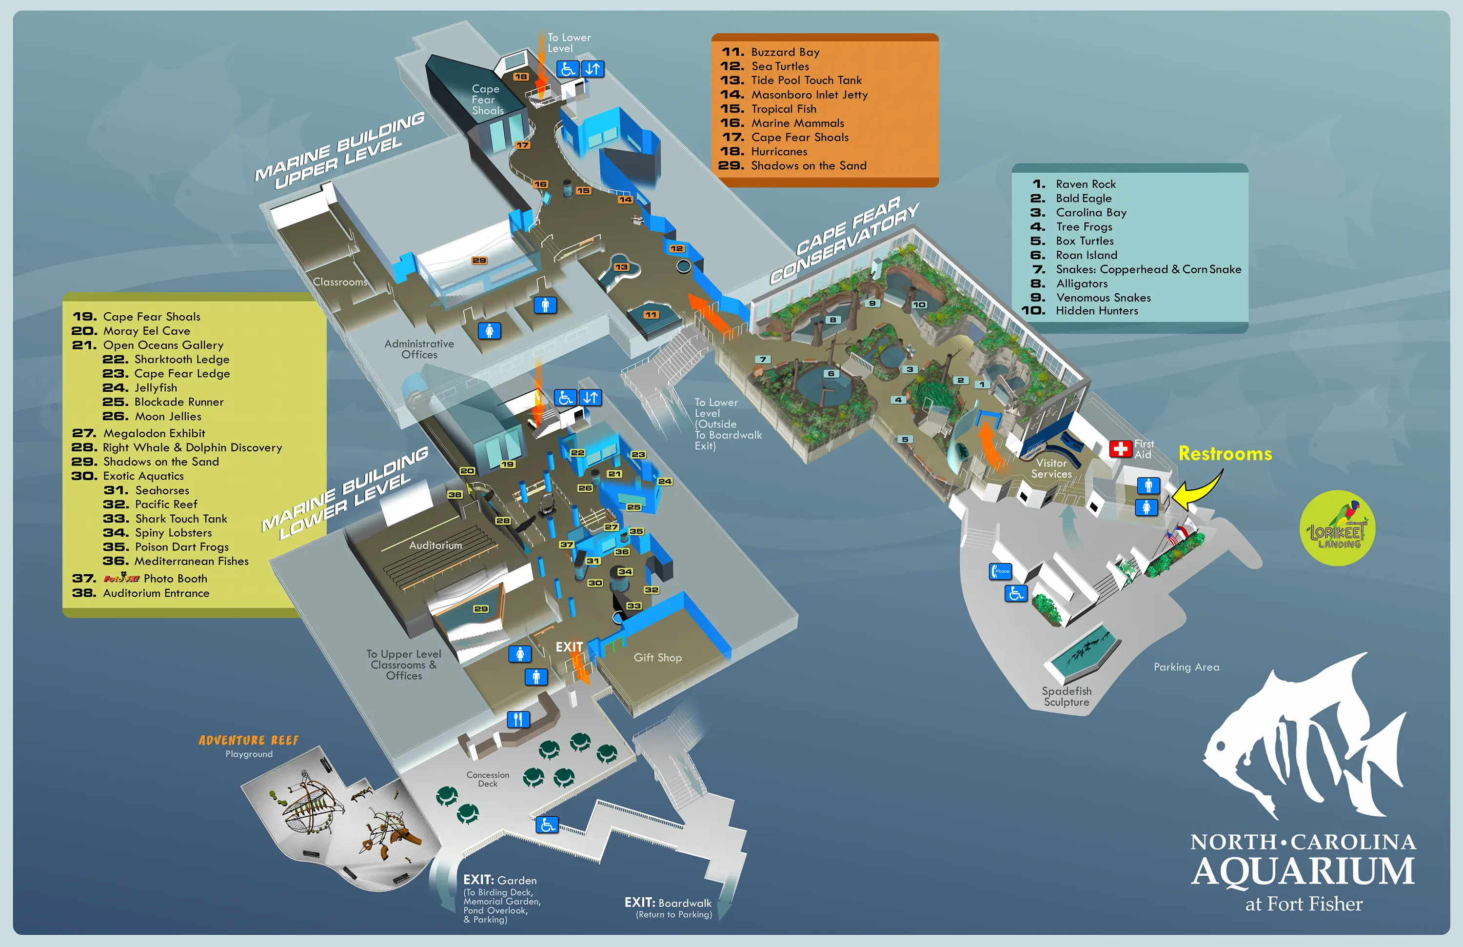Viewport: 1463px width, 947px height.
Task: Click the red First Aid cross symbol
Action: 1120,449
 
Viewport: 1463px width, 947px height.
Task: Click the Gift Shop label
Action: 658,657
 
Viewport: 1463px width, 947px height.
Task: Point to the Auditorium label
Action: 435,545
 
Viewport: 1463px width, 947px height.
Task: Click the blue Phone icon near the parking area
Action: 1000,571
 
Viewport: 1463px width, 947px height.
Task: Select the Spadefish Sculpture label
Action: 1067,697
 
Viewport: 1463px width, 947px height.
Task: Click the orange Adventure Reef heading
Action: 248,741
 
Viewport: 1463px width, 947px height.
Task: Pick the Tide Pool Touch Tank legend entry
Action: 806,81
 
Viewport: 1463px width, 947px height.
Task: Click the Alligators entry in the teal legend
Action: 1081,283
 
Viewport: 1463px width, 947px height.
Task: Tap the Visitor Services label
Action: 1051,468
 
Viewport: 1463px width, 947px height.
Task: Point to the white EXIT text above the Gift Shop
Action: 569,647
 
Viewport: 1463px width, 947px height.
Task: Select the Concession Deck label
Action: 488,779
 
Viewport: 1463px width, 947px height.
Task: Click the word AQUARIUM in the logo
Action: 1303,871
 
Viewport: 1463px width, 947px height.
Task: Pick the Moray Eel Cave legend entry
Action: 146,331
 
